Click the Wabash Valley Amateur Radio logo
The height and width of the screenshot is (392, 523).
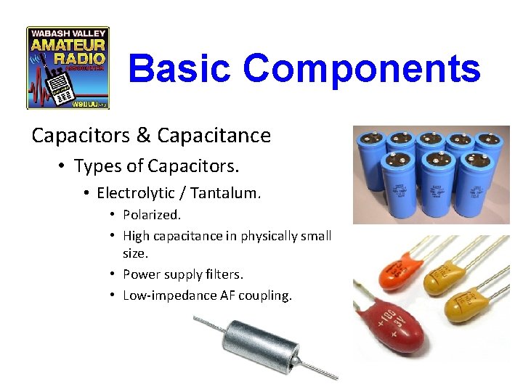[x=68, y=68]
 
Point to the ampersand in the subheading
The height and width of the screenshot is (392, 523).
[x=142, y=136]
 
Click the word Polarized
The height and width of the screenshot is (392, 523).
[x=152, y=215]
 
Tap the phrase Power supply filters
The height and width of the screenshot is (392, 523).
[x=183, y=274]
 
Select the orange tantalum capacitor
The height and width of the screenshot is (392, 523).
[x=386, y=273]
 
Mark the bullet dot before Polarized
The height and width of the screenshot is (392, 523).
[x=113, y=216]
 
